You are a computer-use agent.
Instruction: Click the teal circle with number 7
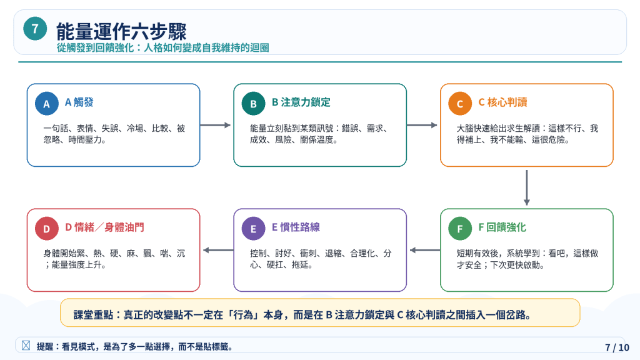35,29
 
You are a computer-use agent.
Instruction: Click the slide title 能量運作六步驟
121,31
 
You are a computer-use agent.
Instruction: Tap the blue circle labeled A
46,104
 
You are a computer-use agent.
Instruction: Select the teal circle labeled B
253,104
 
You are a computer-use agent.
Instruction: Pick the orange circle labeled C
459,104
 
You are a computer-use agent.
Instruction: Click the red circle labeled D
46,229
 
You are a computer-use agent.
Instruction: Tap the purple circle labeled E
253,229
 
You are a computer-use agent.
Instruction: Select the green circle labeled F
459,229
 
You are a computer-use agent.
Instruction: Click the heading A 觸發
79,102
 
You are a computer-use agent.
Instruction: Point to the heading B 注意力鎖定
301,102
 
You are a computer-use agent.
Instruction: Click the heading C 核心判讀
502,102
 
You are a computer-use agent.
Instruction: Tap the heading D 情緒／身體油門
104,227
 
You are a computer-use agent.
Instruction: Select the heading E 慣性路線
296,227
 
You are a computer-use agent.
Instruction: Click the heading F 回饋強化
502,227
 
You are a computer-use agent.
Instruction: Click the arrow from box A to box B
216,125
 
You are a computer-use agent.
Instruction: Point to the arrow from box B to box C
422,125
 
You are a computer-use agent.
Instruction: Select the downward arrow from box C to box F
526,187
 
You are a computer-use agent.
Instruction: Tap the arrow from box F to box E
425,250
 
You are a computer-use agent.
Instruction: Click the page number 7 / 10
617,347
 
